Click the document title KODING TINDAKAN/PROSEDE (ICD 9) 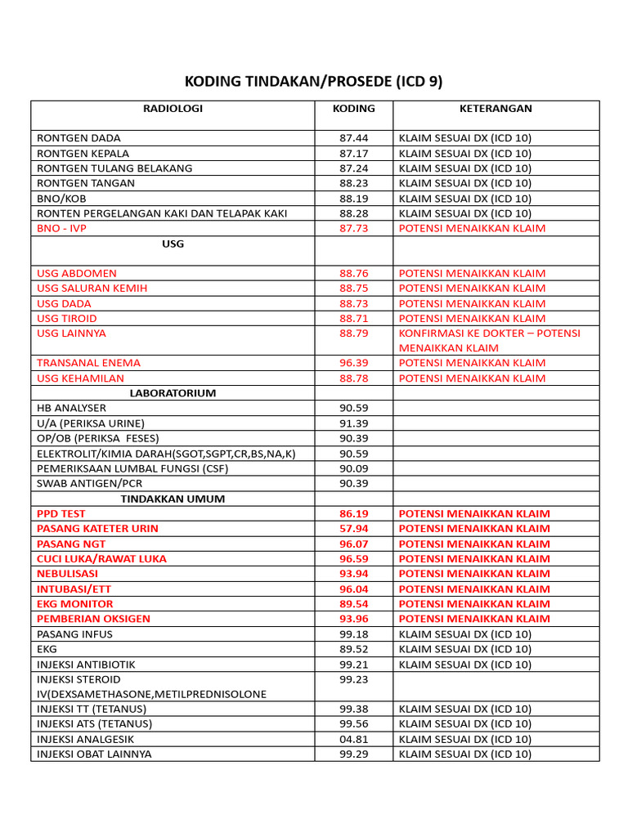[314, 83]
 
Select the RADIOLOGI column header [173, 109]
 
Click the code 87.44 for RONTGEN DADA [353, 138]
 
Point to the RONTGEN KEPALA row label [83, 154]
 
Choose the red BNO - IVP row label [61, 228]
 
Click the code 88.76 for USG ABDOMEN [353, 273]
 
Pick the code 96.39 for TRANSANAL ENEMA [353, 363]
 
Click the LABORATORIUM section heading [173, 393]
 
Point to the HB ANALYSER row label [71, 408]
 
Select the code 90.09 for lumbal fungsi [353, 468]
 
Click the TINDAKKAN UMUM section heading [173, 499]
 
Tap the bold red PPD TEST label [61, 514]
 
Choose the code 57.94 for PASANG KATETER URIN [353, 529]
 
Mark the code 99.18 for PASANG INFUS [353, 634]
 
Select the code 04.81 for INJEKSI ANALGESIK [353, 739]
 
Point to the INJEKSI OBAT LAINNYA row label [94, 754]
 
